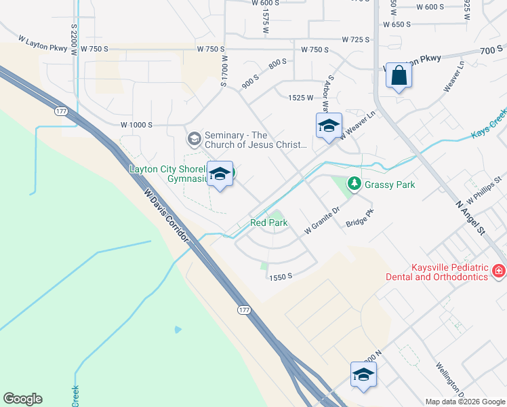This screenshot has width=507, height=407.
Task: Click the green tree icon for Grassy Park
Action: [353, 183]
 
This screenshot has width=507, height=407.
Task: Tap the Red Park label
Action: [269, 222]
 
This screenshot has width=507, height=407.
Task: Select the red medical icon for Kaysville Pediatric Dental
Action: [499, 271]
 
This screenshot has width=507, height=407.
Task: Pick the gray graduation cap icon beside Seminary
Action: [193, 139]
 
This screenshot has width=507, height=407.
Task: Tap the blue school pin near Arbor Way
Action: [329, 125]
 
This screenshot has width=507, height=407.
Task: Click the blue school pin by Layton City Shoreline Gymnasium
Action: [220, 174]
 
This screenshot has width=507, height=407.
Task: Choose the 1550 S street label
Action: [280, 277]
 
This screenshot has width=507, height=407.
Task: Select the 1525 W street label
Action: [300, 98]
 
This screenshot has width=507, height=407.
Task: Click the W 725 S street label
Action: [356, 40]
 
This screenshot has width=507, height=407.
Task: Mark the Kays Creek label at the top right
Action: [489, 127]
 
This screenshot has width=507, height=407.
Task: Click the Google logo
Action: [22, 399]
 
